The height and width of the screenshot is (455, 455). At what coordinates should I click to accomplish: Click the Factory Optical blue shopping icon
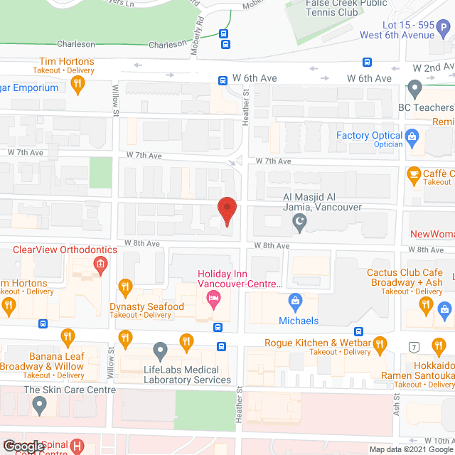pyautogui.click(x=411, y=135)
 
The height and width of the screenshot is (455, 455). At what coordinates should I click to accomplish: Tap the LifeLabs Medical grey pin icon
pyautogui.click(x=160, y=350)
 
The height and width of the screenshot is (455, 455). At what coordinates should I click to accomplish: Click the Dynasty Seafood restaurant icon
pyautogui.click(x=126, y=288)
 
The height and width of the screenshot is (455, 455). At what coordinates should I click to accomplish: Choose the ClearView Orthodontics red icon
pyautogui.click(x=100, y=266)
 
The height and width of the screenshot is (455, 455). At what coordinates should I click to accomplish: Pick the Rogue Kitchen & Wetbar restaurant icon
pyautogui.click(x=380, y=346)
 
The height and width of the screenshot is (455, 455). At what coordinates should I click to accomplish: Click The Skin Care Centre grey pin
pyautogui.click(x=40, y=406)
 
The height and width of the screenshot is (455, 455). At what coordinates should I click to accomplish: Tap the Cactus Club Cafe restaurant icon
pyautogui.click(x=426, y=306)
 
